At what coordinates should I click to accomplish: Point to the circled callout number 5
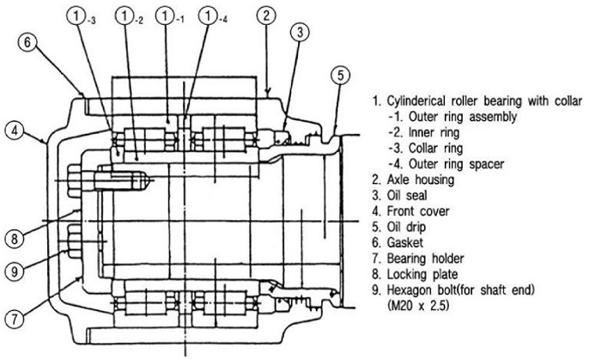pos(341,76)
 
